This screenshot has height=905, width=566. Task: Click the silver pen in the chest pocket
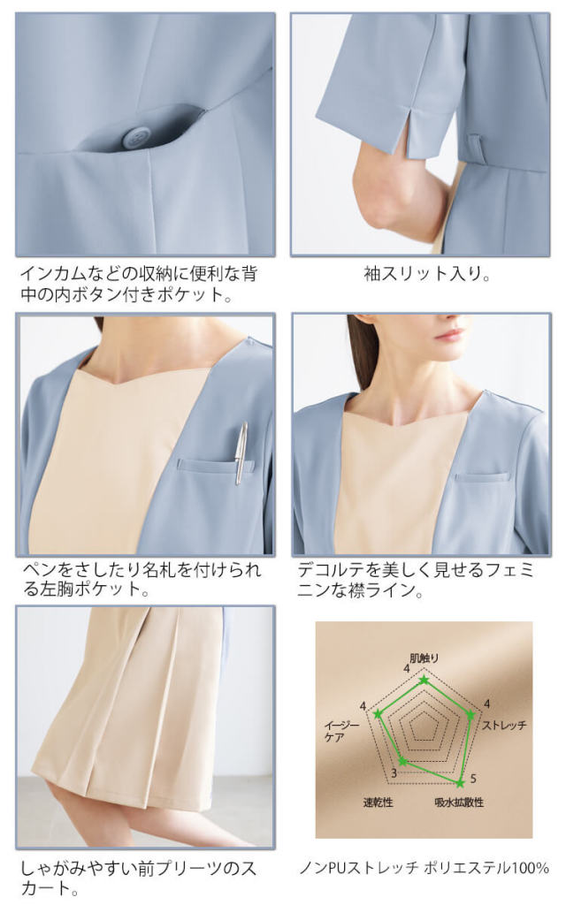(x=241, y=452)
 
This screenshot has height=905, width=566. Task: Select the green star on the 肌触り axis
(x=424, y=681)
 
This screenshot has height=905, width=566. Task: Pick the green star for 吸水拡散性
(x=460, y=782)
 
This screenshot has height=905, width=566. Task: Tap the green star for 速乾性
(x=402, y=761)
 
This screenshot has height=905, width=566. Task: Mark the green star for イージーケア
(x=379, y=712)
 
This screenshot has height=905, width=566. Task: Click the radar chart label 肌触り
(x=424, y=658)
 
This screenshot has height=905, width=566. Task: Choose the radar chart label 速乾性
(x=378, y=802)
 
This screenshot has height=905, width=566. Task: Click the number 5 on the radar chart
(x=472, y=778)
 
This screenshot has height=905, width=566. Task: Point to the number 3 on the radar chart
(x=394, y=775)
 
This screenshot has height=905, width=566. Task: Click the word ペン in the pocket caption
(x=35, y=570)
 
